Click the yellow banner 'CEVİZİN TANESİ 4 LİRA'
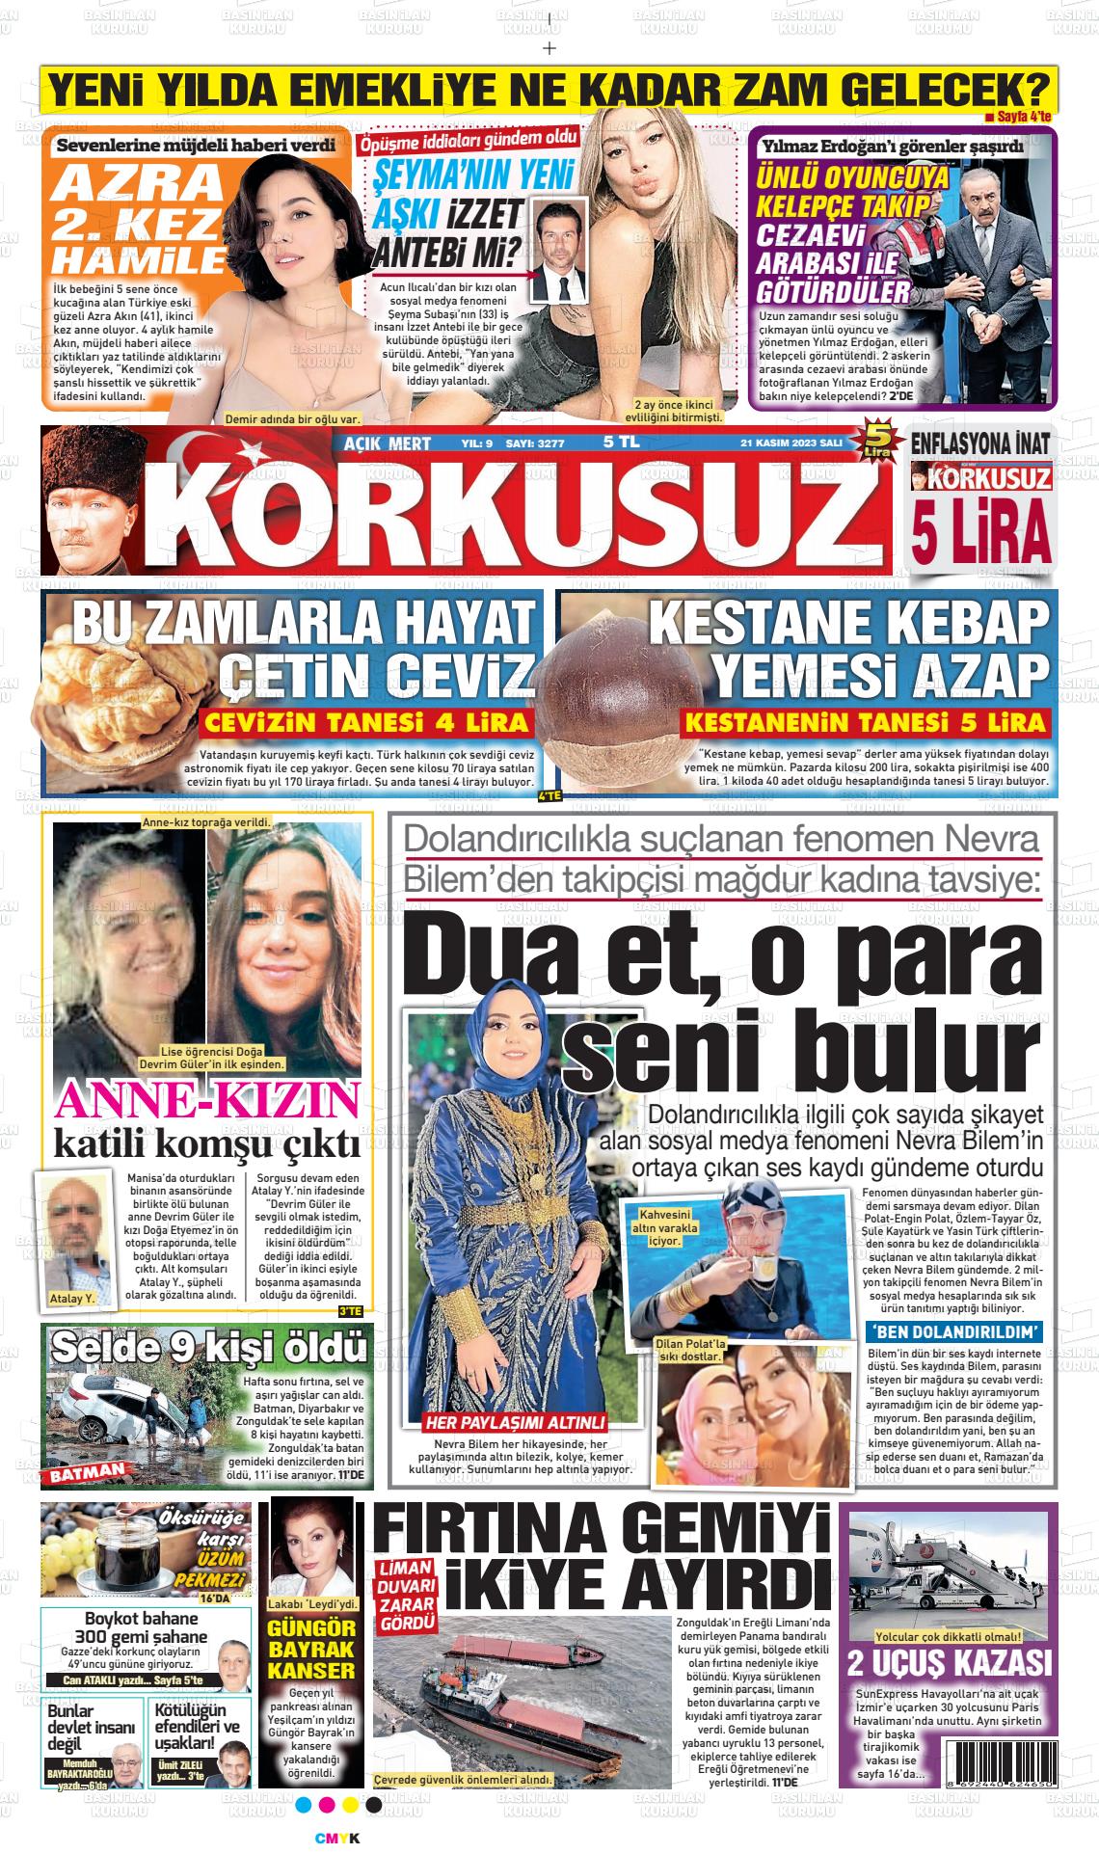click(x=367, y=723)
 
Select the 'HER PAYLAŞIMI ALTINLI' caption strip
click(x=517, y=1422)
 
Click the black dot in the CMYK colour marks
click(x=374, y=1805)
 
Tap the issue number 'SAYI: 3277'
click(x=540, y=443)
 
